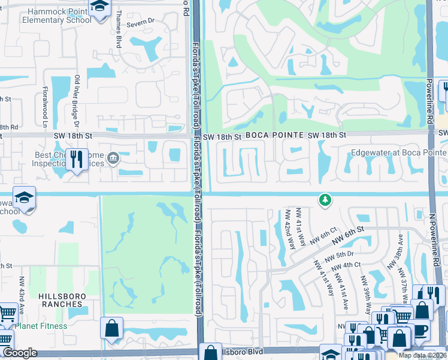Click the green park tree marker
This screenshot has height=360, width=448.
coord(325,200)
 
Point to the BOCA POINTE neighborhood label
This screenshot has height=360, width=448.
coord(273,136)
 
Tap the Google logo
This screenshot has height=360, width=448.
coord(20,353)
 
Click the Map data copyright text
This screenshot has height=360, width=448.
coord(422,355)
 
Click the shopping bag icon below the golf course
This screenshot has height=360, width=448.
coord(112,328)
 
